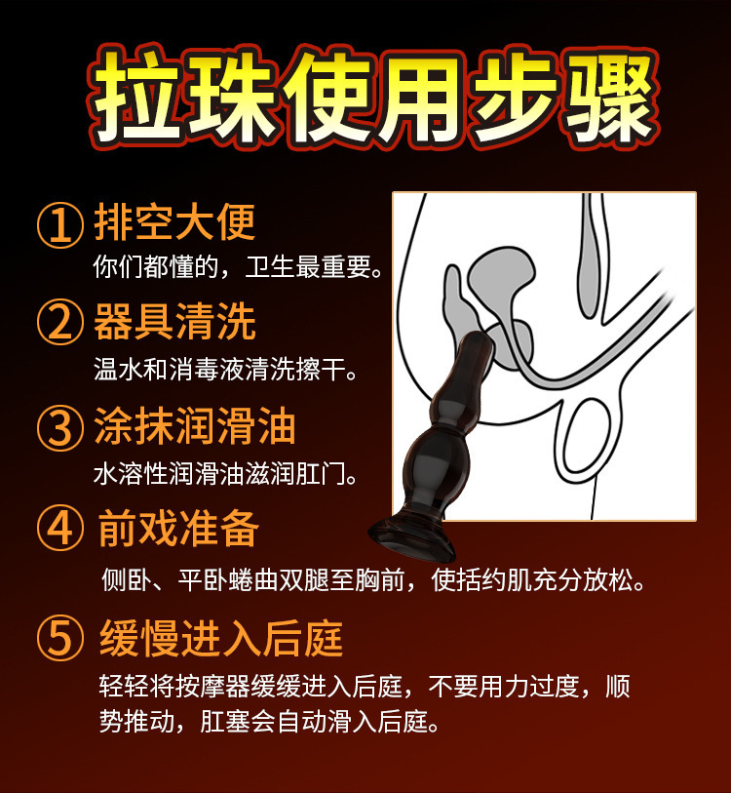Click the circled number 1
60,225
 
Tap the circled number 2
60,322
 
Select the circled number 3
60,427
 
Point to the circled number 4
60,529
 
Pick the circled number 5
60,638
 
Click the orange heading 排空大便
174,222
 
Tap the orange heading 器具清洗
174,322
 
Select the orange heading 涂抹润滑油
195,426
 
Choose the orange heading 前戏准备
179,529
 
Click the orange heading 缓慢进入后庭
221,638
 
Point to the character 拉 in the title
135,97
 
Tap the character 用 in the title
419,97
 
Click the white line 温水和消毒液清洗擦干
225,370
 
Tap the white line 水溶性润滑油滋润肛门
225,474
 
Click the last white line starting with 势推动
269,721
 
